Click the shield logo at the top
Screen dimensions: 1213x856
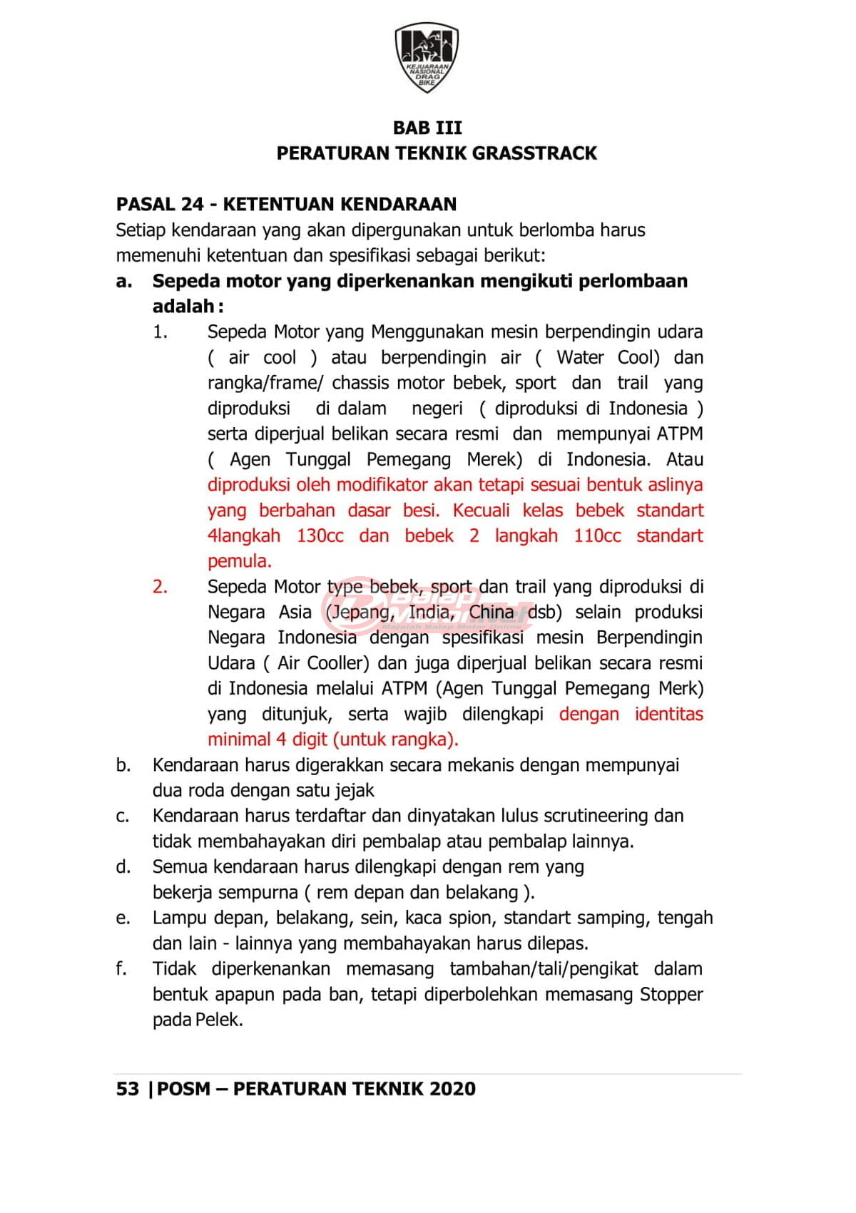pyautogui.click(x=427, y=57)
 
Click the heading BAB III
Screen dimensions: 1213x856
pyautogui.click(x=427, y=128)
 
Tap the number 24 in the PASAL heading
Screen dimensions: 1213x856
pyautogui.click(x=193, y=205)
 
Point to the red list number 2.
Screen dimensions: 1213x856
pyautogui.click(x=160, y=587)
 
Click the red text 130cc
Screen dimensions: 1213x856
pyautogui.click(x=320, y=536)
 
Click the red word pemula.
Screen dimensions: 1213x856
pyautogui.click(x=239, y=561)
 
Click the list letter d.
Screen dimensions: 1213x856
pyautogui.click(x=123, y=867)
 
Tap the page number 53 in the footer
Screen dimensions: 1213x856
pyautogui.click(x=127, y=1089)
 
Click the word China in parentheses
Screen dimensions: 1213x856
pyautogui.click(x=491, y=613)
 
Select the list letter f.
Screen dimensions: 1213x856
pyautogui.click(x=121, y=969)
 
